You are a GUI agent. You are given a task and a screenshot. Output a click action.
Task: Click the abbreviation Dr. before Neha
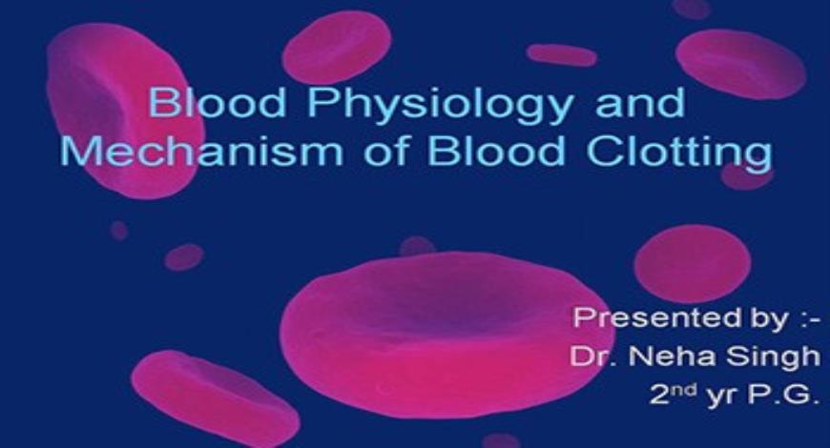click(589, 356)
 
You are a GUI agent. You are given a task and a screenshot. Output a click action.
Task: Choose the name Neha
click(668, 356)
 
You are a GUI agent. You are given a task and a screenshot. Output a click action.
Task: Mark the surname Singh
click(775, 356)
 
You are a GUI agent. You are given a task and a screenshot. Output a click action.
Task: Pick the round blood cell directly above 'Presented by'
click(692, 263)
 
